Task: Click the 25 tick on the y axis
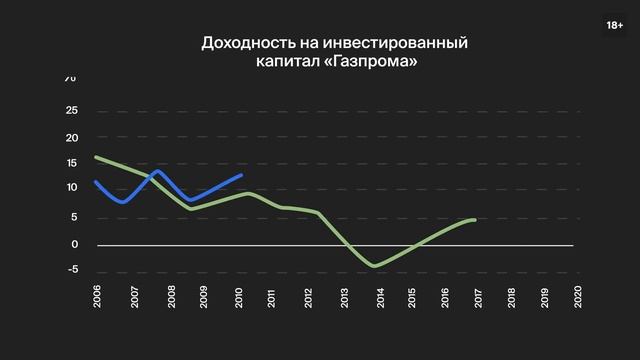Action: pyautogui.click(x=71, y=111)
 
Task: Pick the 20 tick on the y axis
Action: pyautogui.click(x=71, y=137)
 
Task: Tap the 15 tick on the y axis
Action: pyautogui.click(x=71, y=163)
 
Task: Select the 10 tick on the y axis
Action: pyautogui.click(x=71, y=188)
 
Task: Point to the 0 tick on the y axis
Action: pyautogui.click(x=74, y=244)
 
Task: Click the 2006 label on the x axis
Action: pyautogui.click(x=97, y=296)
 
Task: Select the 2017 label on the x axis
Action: pyautogui.click(x=476, y=296)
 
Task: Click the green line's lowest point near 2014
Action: pyautogui.click(x=374, y=266)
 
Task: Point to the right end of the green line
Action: pyautogui.click(x=474, y=219)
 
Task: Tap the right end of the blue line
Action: pyautogui.click(x=242, y=175)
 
